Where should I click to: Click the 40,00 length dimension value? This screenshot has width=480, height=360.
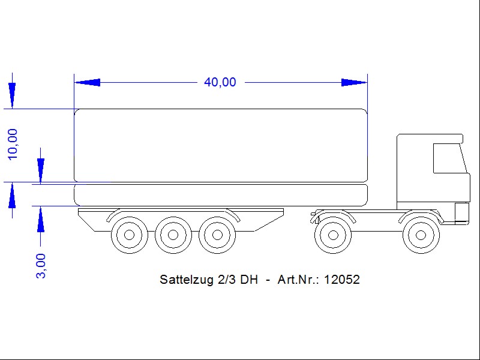pos(220,82)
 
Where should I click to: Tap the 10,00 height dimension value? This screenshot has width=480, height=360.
pos(13,144)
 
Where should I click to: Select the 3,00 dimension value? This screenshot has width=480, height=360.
pos(41,266)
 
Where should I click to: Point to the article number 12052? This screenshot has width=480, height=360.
pos(341,280)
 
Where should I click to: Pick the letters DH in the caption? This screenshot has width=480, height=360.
pos(249,280)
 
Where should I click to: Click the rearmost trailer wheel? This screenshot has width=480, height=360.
pos(130,235)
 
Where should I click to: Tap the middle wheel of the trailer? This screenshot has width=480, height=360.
pos(173,235)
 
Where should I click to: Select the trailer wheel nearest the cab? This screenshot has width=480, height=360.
pos(217,235)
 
